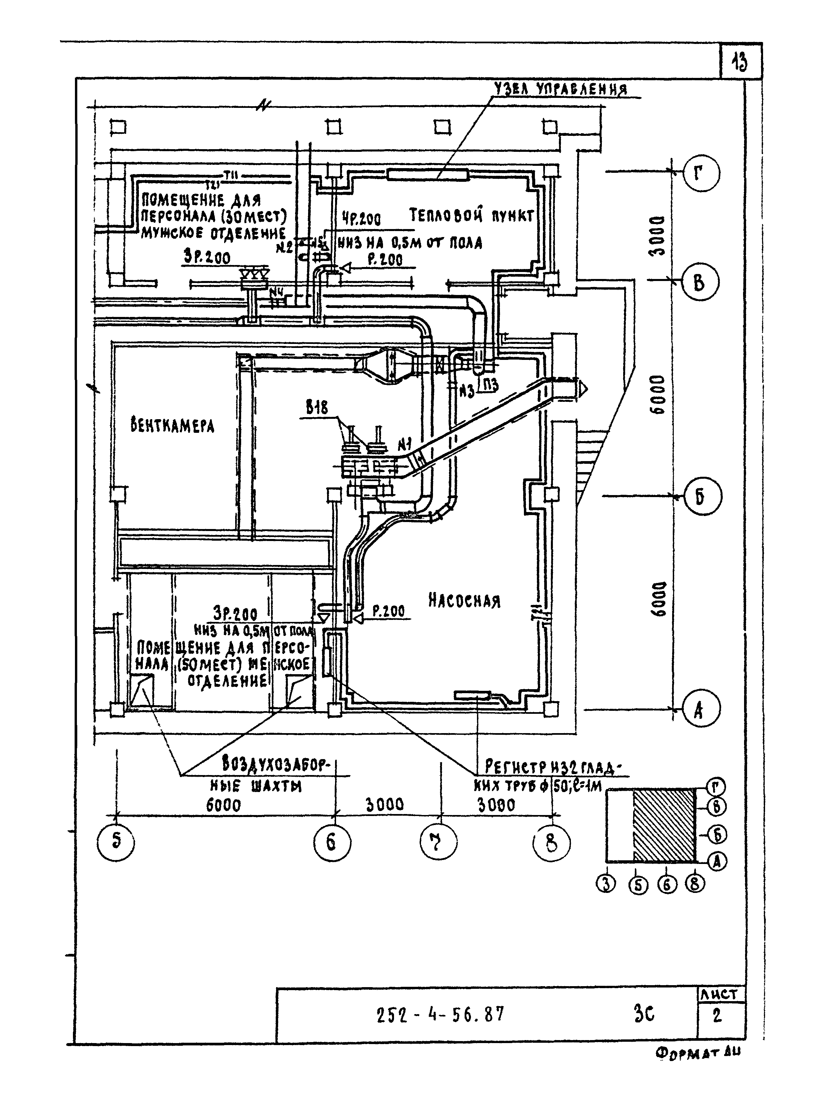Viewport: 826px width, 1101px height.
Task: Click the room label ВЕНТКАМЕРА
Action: click(x=172, y=426)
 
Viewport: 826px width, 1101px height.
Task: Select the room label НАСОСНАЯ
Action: click(x=464, y=601)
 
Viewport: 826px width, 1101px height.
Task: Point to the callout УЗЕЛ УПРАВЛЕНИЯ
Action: click(x=560, y=90)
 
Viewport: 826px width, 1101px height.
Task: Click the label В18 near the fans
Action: click(x=317, y=409)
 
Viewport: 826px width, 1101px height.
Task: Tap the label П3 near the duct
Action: click(x=489, y=385)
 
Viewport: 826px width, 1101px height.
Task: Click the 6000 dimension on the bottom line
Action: click(x=223, y=804)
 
